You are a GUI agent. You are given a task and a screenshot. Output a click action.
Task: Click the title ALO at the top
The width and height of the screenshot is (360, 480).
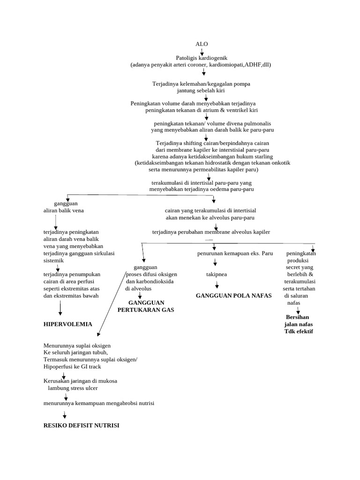click(x=202, y=44)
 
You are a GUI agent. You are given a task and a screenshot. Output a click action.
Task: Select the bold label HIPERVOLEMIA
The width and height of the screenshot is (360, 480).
click(x=67, y=324)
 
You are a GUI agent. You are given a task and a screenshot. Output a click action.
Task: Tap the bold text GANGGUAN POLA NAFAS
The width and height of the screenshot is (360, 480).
click(x=233, y=296)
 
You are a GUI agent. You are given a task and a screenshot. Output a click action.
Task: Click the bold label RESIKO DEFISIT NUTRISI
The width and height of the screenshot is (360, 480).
click(x=81, y=425)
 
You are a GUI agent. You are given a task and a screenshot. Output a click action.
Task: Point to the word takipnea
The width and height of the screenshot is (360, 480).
click(x=217, y=274)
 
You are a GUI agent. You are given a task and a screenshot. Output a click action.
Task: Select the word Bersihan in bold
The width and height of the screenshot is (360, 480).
click(x=298, y=317)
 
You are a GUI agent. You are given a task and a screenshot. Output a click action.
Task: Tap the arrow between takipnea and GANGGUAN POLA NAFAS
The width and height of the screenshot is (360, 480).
click(x=217, y=284)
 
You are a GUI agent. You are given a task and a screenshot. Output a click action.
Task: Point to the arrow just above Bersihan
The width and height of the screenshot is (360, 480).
click(x=298, y=310)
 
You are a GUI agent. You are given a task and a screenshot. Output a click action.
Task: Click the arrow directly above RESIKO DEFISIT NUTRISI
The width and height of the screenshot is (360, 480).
click(x=65, y=414)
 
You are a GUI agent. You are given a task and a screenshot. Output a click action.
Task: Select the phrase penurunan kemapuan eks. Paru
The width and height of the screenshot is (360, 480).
click(x=235, y=254)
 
